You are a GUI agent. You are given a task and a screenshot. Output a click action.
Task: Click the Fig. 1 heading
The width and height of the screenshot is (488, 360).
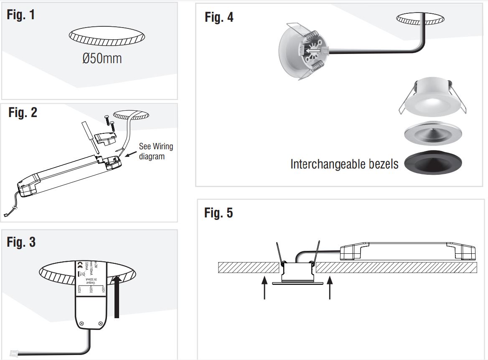tap(21, 15)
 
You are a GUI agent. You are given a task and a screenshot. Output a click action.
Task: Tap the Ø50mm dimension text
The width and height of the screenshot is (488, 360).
tap(102, 59)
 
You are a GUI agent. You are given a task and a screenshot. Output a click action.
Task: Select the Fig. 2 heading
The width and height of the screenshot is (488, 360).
tap(23, 112)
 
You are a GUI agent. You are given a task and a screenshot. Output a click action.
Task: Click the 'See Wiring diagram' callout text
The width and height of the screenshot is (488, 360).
tap(155, 151)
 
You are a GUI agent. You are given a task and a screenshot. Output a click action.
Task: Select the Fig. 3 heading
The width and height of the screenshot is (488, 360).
tap(21, 242)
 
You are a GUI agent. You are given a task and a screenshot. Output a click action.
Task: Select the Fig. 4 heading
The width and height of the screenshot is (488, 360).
tap(219, 17)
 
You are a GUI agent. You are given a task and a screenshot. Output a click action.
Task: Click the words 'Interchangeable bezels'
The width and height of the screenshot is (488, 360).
tap(344, 164)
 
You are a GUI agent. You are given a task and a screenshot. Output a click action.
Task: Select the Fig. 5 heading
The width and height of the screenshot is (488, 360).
tap(219, 213)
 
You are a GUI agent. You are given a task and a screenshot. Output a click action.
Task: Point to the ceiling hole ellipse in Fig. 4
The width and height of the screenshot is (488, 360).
tap(420, 18)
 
